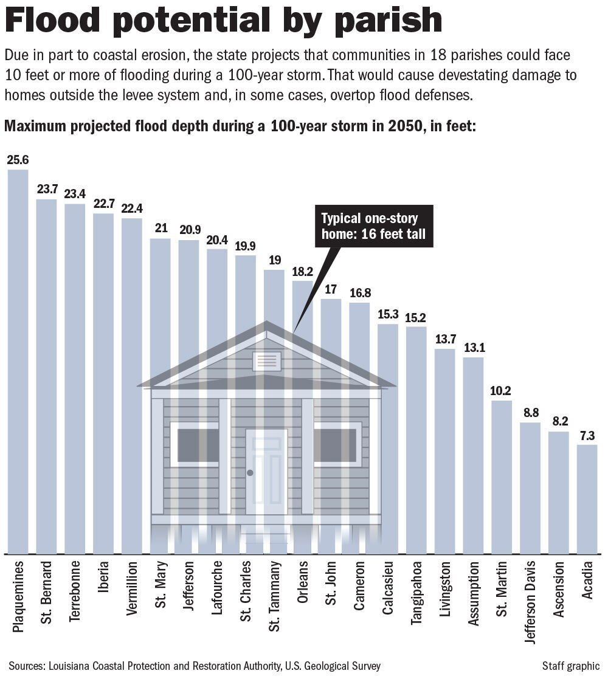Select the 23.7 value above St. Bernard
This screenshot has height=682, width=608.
click(46, 190)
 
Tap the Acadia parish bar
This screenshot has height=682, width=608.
click(587, 498)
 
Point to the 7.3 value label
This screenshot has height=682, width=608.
click(587, 436)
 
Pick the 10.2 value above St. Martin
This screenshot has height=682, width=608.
click(502, 391)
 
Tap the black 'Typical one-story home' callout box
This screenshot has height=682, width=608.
click(374, 227)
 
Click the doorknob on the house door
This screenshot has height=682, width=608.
click(250, 472)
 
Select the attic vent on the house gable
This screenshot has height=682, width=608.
click(266, 361)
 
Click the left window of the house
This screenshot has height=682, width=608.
click(195, 444)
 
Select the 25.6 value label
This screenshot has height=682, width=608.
click(18, 160)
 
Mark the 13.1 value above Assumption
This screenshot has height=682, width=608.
click(474, 348)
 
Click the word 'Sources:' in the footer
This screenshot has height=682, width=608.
click(27, 666)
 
